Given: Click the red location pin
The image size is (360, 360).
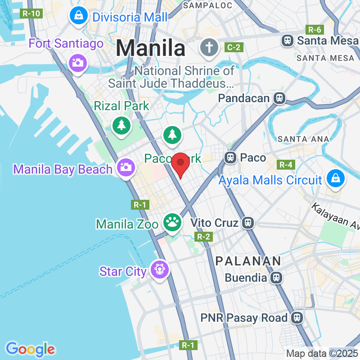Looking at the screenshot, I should [181, 164].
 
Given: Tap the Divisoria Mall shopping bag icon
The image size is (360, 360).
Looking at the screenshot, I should [79, 17].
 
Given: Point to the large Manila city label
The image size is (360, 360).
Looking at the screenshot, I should [151, 48].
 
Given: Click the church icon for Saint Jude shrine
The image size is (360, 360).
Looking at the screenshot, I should [209, 47].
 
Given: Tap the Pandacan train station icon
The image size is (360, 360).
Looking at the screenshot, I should [279, 98].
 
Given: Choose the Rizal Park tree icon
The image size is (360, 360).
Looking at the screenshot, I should [121, 126].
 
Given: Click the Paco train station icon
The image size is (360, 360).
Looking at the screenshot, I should [230, 157].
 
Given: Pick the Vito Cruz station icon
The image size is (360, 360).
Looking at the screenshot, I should [247, 222].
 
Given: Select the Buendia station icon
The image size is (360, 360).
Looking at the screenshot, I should [276, 278].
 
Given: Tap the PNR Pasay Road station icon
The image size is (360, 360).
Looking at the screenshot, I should [297, 318].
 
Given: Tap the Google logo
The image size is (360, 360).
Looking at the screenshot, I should [31, 349].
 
